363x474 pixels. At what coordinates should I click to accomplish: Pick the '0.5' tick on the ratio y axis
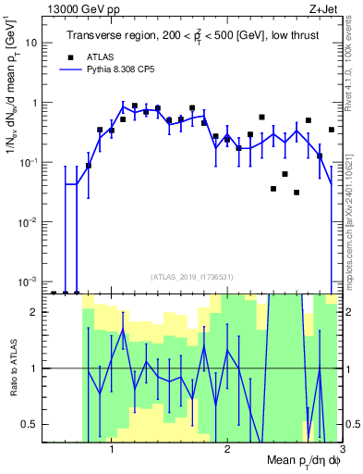point(33,424)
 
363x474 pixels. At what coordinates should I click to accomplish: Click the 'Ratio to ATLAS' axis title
point(12,368)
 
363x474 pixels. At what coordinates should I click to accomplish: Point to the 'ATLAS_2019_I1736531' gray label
point(191,276)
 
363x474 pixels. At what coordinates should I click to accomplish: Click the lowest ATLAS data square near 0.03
point(296,193)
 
